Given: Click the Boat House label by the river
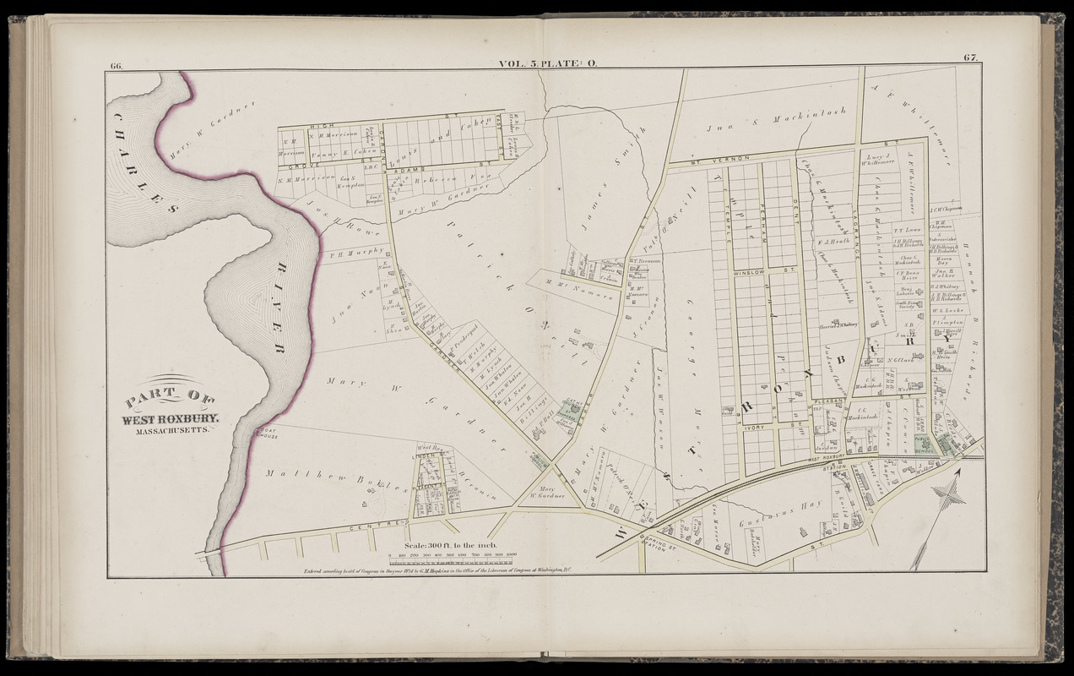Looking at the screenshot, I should pyautogui.click(x=267, y=433).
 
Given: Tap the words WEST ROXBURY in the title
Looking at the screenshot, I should pyautogui.click(x=171, y=418).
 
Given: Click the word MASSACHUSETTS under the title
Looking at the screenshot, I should pyautogui.click(x=172, y=431).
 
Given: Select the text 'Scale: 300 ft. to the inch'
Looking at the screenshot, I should pyautogui.click(x=448, y=546).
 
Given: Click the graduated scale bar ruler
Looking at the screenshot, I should pyautogui.click(x=448, y=559).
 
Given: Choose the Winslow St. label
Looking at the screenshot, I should pyautogui.click(x=754, y=272).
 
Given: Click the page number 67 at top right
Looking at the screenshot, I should pyautogui.click(x=970, y=57).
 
